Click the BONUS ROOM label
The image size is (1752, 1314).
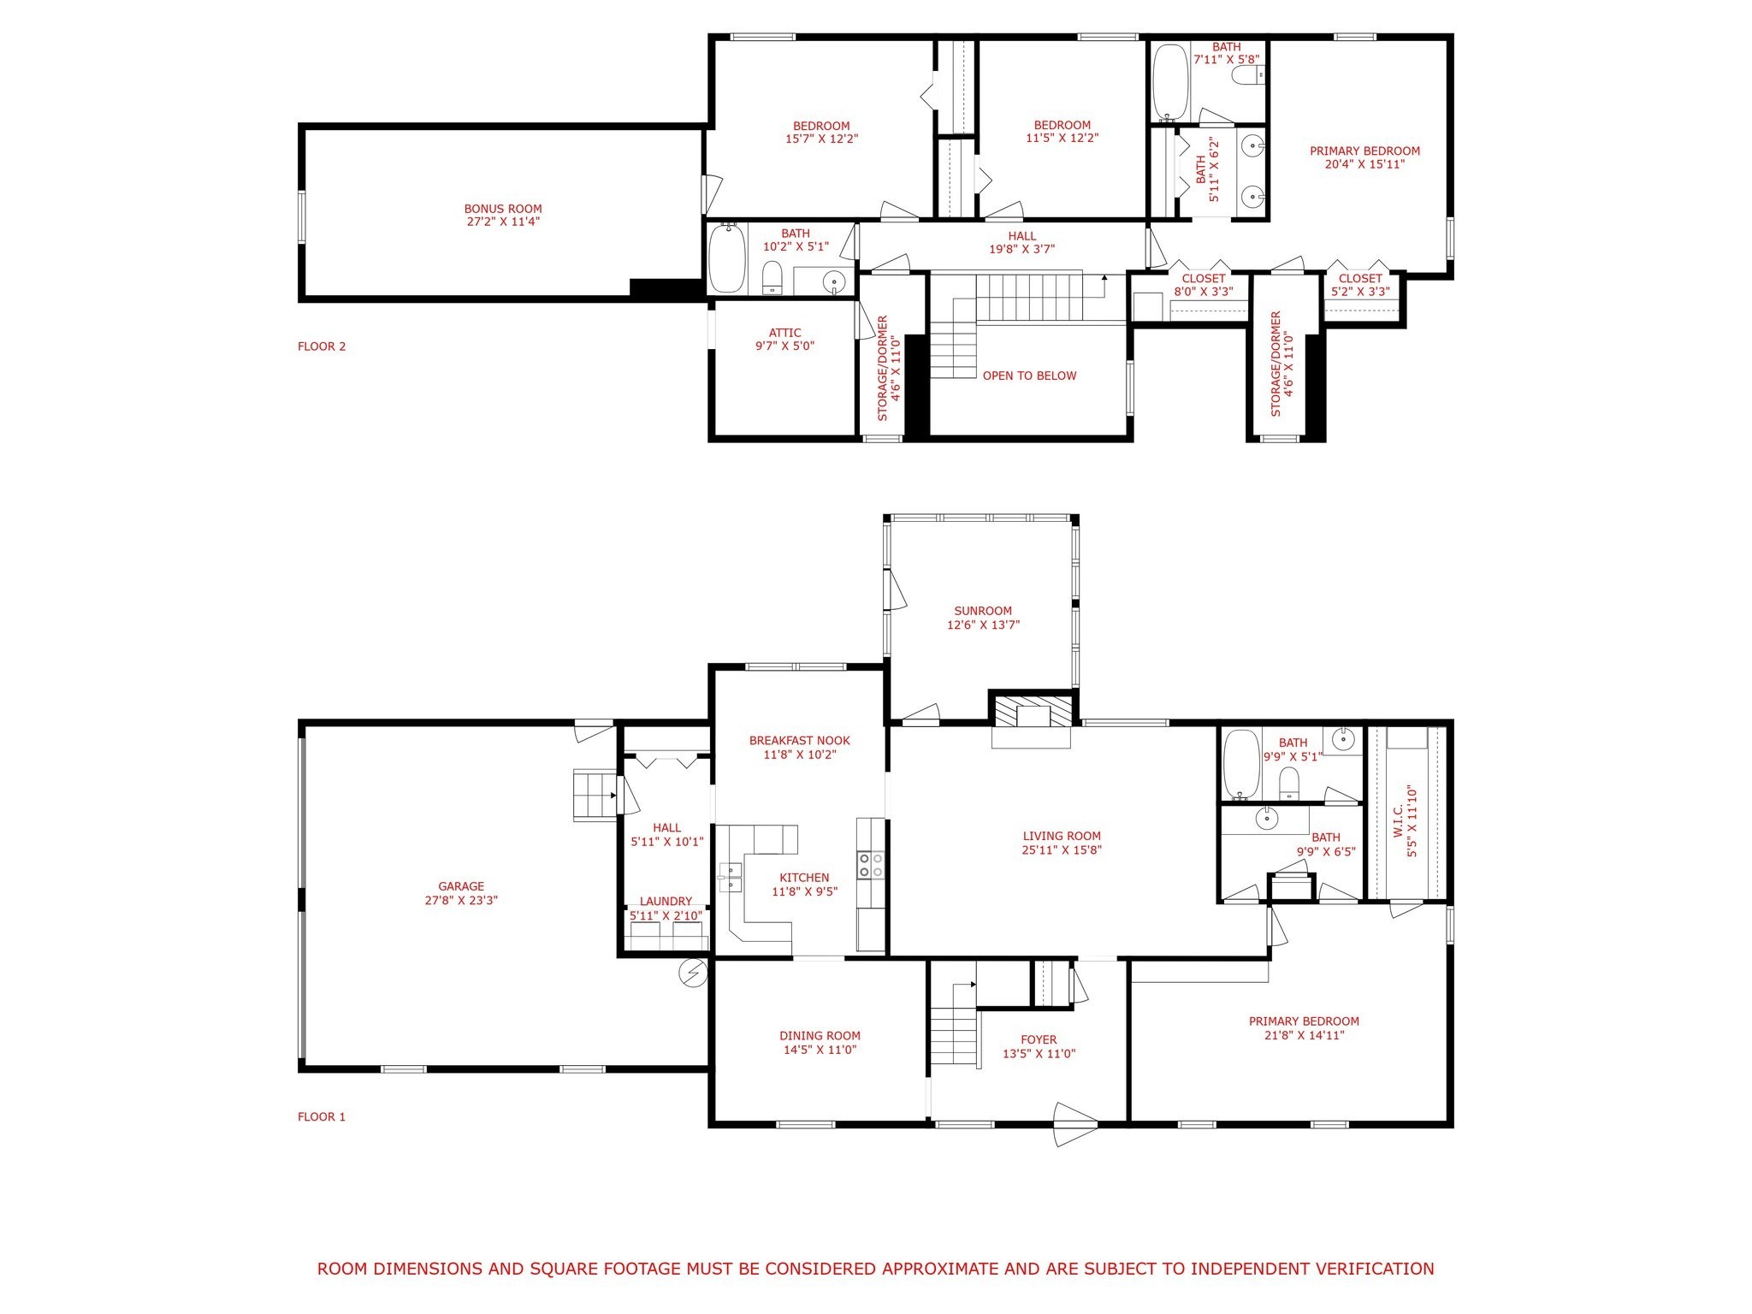click(503, 209)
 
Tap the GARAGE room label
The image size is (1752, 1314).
click(461, 886)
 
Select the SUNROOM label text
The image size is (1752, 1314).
click(983, 611)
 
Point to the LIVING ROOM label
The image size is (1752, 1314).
click(1062, 836)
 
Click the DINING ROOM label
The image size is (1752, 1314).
click(820, 1036)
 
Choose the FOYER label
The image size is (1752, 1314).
click(1039, 1040)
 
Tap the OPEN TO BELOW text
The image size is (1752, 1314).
click(1029, 376)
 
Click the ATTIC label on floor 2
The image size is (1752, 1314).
click(784, 334)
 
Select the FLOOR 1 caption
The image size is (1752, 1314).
click(322, 1116)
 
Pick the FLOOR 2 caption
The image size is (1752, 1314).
click(322, 346)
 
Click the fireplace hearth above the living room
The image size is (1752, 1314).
click(1031, 713)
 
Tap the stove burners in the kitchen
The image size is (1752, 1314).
click(871, 865)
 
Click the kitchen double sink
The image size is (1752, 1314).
click(731, 876)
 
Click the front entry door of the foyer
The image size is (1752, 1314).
click(1075, 1124)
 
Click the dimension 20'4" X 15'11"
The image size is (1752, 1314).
click(1364, 164)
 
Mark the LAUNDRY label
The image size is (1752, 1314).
click(666, 901)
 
